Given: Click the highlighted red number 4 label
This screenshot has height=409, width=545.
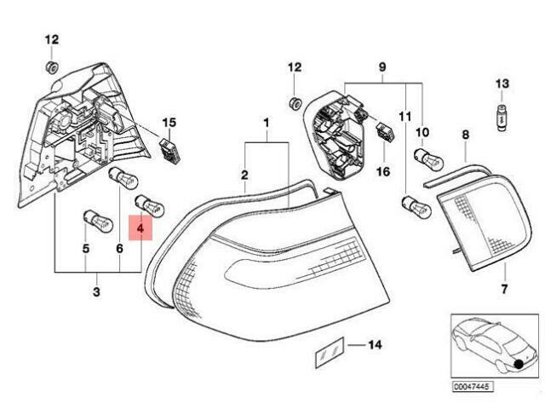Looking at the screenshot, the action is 141,228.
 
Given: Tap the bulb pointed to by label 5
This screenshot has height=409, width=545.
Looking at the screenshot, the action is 99,222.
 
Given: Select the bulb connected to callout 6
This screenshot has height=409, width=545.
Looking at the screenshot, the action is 123,178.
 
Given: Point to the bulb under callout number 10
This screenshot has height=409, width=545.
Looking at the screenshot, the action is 428,160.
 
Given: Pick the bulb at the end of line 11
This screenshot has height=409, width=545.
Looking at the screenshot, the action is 416,208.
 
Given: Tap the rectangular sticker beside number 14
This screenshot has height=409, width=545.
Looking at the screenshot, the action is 330,352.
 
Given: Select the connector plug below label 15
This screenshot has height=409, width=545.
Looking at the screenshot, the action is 170,151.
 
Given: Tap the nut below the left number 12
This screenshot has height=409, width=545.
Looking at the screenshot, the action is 52,67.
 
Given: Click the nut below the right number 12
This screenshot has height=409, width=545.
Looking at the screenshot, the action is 295,103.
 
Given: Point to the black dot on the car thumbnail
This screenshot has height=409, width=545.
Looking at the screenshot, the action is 519,364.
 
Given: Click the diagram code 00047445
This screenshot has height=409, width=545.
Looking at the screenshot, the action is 473,387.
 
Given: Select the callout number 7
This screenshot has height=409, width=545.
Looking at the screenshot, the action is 504,289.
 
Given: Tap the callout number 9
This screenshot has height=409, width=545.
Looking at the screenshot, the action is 382,66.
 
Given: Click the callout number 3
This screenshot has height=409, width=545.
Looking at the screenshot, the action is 96,291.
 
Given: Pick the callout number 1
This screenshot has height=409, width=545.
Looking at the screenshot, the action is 267,123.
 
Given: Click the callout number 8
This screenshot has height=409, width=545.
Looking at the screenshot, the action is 466,135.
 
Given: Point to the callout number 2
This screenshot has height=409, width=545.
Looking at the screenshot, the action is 244,175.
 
